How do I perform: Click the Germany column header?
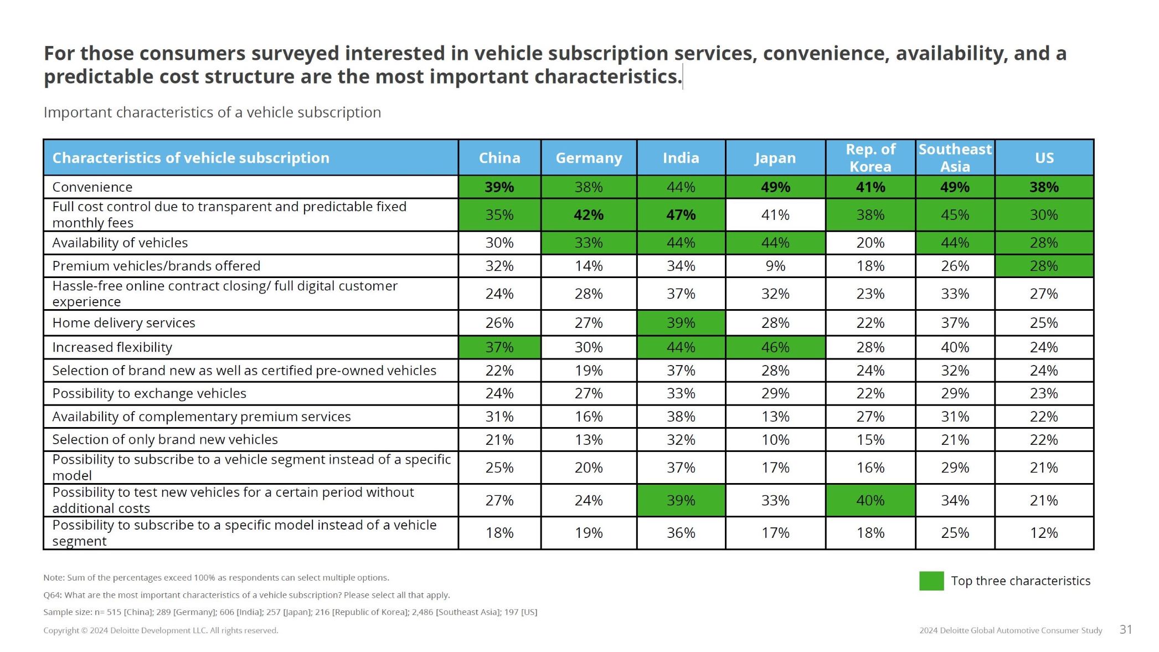[589, 158]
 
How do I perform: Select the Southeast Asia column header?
[955, 158]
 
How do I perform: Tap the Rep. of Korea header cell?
[870, 158]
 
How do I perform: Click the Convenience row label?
[92, 187]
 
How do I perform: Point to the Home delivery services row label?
[123, 323]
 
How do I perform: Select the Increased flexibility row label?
[112, 347]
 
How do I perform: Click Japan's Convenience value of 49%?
[775, 187]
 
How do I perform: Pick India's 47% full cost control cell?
[681, 215]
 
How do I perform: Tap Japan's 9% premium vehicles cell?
[775, 266]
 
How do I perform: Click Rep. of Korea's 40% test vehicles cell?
[870, 501]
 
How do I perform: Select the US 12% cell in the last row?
[1044, 533]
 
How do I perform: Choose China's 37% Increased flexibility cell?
[499, 347]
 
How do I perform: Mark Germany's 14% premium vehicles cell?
[589, 266]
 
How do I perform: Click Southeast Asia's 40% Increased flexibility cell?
[955, 347]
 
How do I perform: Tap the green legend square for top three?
[931, 581]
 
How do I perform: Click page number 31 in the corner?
[1126, 629]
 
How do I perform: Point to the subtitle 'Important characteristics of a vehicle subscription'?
[212, 112]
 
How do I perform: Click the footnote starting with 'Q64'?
[246, 595]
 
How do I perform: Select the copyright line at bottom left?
[161, 630]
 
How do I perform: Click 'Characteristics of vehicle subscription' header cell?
[190, 158]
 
